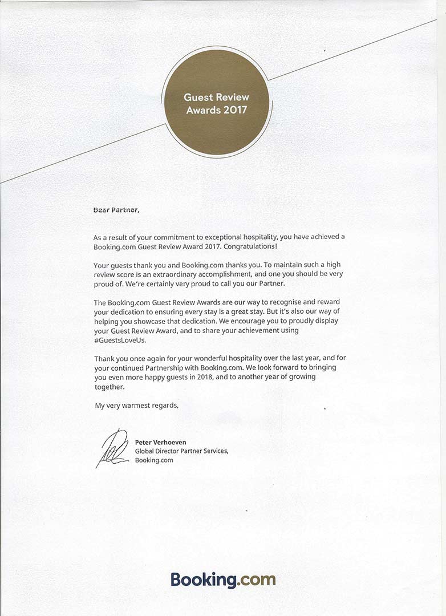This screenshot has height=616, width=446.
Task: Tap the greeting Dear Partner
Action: (x=116, y=209)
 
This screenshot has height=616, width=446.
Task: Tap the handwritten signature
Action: (x=112, y=448)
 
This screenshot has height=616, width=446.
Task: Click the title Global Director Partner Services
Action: (x=181, y=451)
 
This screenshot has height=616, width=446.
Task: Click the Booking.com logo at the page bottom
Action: (x=223, y=580)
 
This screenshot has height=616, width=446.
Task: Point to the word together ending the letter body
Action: (x=108, y=386)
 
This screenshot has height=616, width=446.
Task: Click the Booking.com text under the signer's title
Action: (x=154, y=460)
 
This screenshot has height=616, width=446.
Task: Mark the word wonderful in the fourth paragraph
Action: (x=206, y=358)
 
